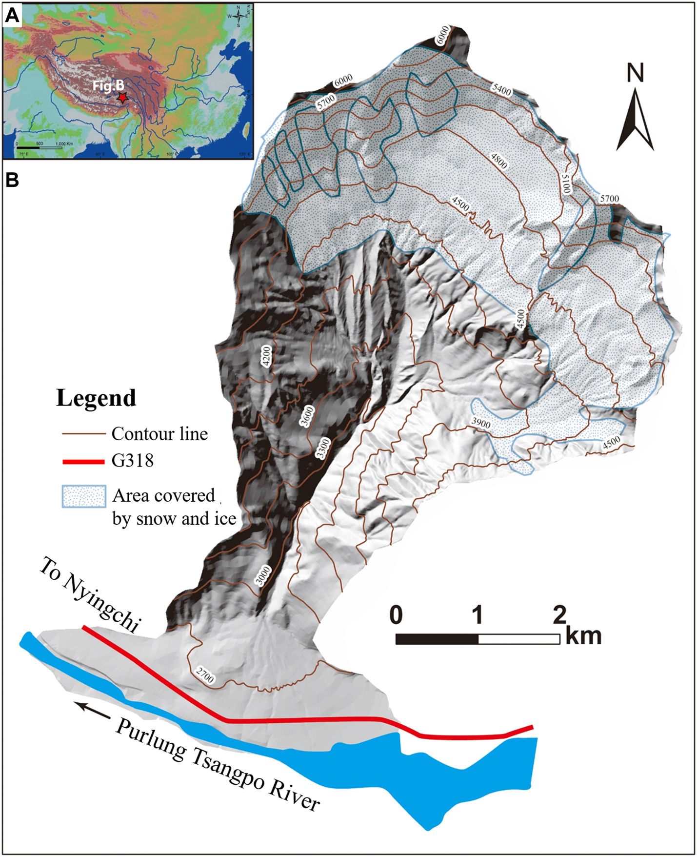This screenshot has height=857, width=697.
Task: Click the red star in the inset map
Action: pos(121,98)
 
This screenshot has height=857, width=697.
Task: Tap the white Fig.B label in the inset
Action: pos(108,86)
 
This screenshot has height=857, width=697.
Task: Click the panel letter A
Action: pos(12,16)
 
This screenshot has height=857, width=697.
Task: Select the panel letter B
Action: pos(12,180)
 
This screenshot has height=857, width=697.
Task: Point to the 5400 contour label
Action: pos(501,89)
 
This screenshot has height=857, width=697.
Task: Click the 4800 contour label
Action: pos(499,161)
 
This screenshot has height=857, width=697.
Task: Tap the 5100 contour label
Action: pos(566,183)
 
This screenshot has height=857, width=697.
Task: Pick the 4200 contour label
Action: pos(266,356)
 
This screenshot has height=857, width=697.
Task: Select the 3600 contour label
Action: pos(307,416)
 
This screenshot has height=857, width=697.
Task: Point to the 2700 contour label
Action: pos(205,676)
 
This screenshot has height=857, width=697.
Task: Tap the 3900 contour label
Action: pos(481,423)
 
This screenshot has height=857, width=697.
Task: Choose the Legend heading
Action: pos(96,398)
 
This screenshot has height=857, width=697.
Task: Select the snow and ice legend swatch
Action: pos(83,497)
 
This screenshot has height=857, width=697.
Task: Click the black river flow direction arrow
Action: pos(95,710)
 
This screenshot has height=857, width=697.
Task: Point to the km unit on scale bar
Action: pos(584,636)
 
